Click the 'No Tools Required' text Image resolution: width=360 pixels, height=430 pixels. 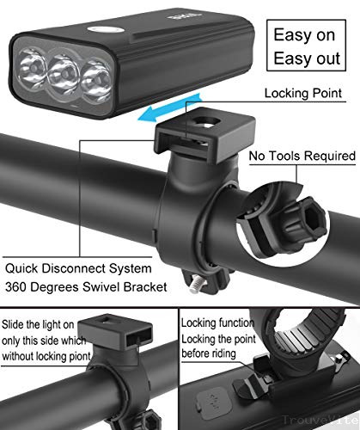(302, 157)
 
